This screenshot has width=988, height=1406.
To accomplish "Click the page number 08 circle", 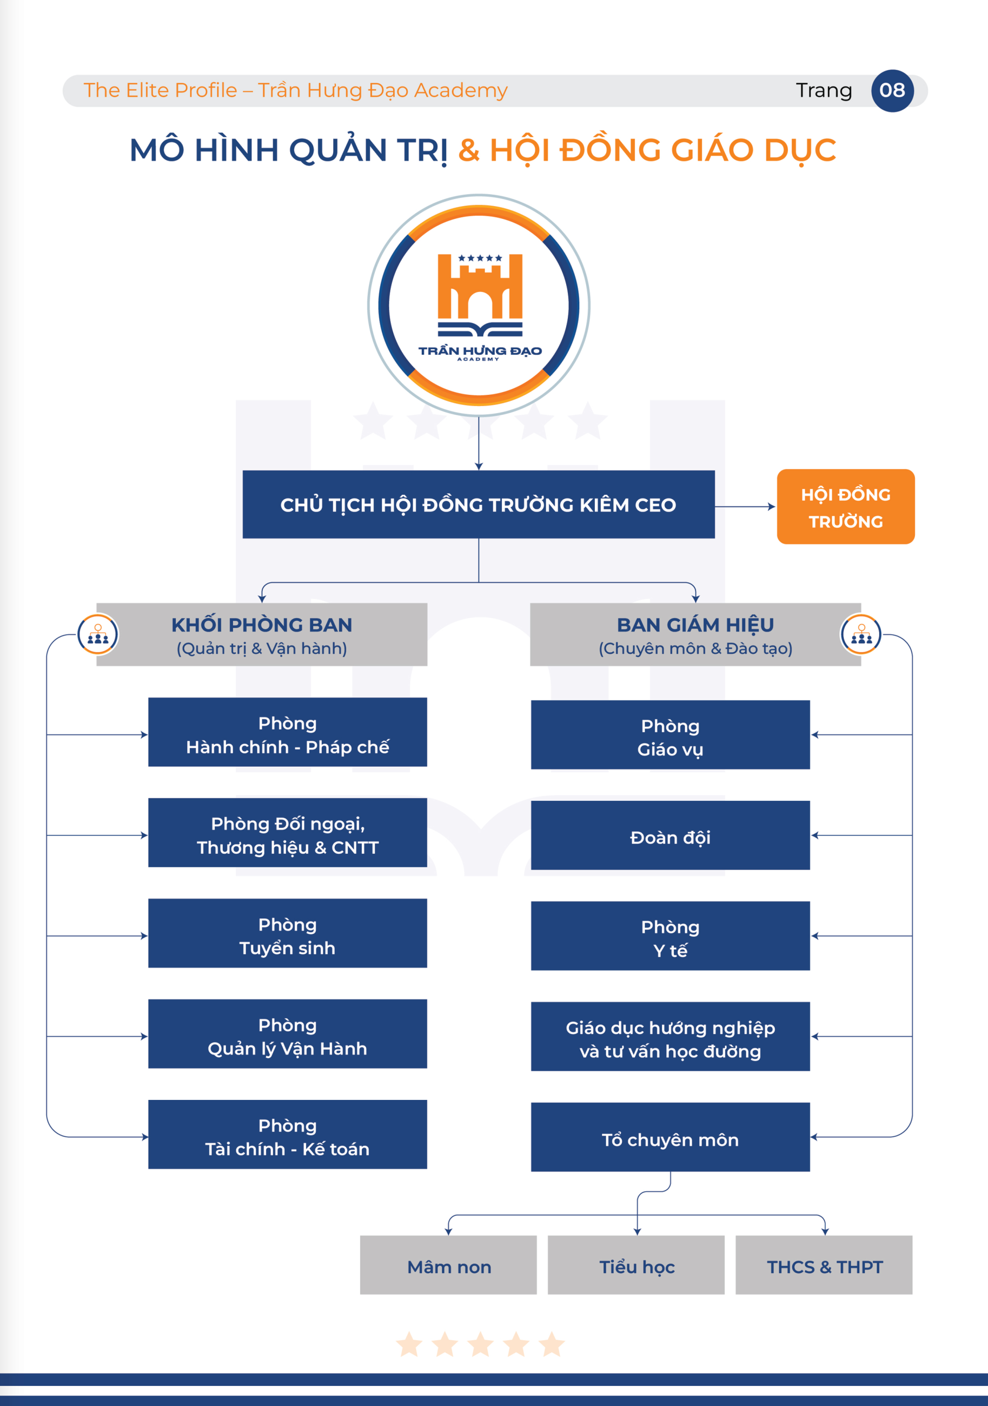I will (892, 91).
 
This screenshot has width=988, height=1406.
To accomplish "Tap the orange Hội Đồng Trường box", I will (845, 507).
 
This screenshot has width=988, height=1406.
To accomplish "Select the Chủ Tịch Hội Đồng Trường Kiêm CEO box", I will (479, 505).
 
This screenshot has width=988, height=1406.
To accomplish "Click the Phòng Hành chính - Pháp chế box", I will (287, 732).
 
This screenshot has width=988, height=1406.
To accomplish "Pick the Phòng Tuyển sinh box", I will (287, 933).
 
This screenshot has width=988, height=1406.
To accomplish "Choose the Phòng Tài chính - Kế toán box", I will (287, 1135).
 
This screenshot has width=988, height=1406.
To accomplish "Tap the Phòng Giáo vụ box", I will (670, 735).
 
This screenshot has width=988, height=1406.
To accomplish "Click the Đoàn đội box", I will (670, 836).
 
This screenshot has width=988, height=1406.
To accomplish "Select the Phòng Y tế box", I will (670, 936).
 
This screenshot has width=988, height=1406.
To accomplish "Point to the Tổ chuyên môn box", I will (670, 1138).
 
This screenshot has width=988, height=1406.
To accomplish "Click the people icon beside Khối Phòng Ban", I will (98, 634).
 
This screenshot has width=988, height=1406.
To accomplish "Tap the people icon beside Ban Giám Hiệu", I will (861, 634).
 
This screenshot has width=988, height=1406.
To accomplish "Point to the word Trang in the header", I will (824, 91).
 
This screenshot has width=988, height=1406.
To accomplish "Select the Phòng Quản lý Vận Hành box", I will (287, 1034).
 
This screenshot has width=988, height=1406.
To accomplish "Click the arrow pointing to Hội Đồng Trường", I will (771, 507).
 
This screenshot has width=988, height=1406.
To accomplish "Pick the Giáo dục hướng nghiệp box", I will (670, 1037).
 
